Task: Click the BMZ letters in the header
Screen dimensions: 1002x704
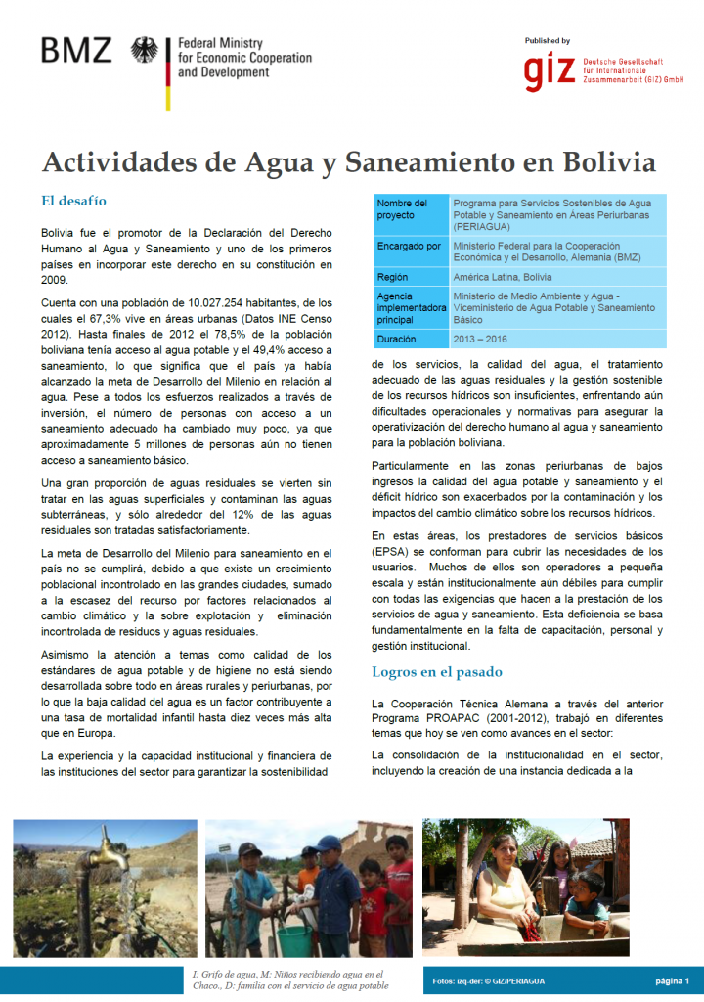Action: (76, 50)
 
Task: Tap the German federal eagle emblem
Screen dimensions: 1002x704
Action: (144, 50)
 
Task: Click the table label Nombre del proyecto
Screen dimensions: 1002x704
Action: (402, 208)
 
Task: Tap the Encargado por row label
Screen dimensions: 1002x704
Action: (409, 247)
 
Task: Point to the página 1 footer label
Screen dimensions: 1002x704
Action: (672, 980)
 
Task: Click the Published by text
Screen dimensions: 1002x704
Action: (548, 41)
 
